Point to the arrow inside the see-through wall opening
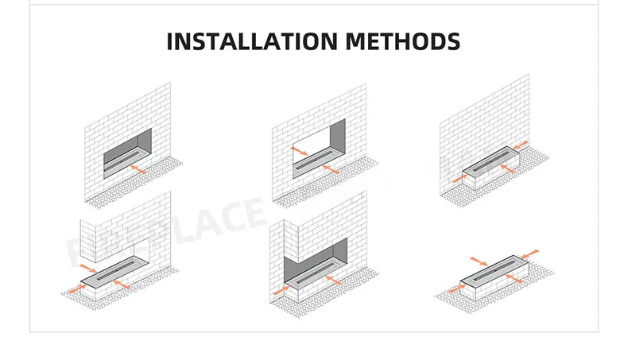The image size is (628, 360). (300, 151)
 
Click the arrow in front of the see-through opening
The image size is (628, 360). (331, 171)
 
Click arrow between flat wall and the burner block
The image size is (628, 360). (521, 145)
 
